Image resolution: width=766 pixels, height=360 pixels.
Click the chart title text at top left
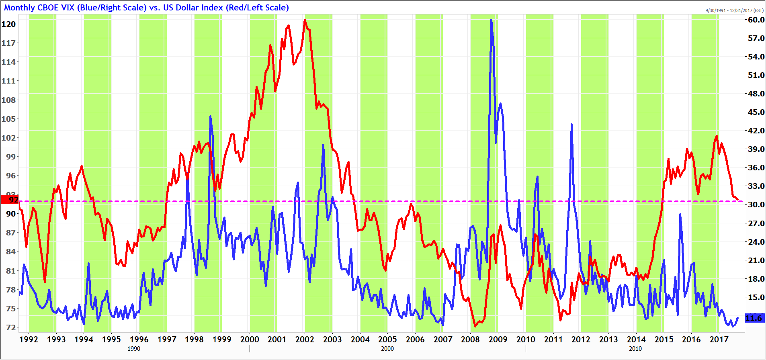[146, 8]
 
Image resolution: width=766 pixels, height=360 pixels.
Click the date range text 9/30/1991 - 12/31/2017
[734, 10]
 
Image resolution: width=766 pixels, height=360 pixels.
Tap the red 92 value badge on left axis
[10, 200]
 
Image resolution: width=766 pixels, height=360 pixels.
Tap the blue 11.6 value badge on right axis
[754, 318]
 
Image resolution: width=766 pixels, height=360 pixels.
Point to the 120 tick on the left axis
[9, 24]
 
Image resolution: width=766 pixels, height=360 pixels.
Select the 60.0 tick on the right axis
[756, 20]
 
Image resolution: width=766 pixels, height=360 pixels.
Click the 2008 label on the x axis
[470, 340]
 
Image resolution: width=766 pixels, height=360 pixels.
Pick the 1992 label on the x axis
[29, 340]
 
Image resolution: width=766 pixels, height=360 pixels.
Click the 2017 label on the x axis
[719, 340]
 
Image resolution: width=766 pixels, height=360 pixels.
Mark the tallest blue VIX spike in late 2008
[491, 20]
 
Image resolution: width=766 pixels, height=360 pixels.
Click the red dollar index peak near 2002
[305, 20]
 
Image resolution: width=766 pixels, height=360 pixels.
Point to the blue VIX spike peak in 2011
[571, 125]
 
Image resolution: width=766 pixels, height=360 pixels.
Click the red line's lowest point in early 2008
[475, 326]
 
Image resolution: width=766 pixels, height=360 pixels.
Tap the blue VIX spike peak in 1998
[210, 117]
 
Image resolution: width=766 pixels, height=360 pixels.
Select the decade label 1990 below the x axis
[134, 349]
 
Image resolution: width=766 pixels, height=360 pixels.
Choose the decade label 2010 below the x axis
[635, 349]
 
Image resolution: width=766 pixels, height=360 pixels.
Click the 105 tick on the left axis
[9, 119]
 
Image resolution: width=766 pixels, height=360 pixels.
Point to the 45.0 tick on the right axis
[756, 112]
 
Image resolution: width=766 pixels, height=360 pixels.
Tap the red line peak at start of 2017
[717, 136]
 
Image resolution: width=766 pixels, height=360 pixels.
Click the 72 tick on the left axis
[11, 327]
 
